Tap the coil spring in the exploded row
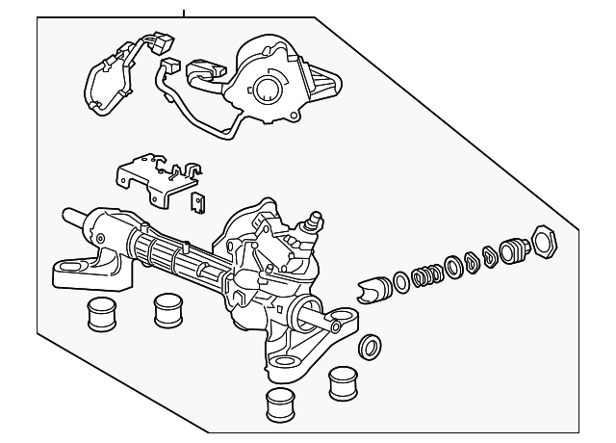424,275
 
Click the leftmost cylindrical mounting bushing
99,314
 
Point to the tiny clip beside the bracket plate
200,203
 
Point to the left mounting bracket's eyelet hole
69,264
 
